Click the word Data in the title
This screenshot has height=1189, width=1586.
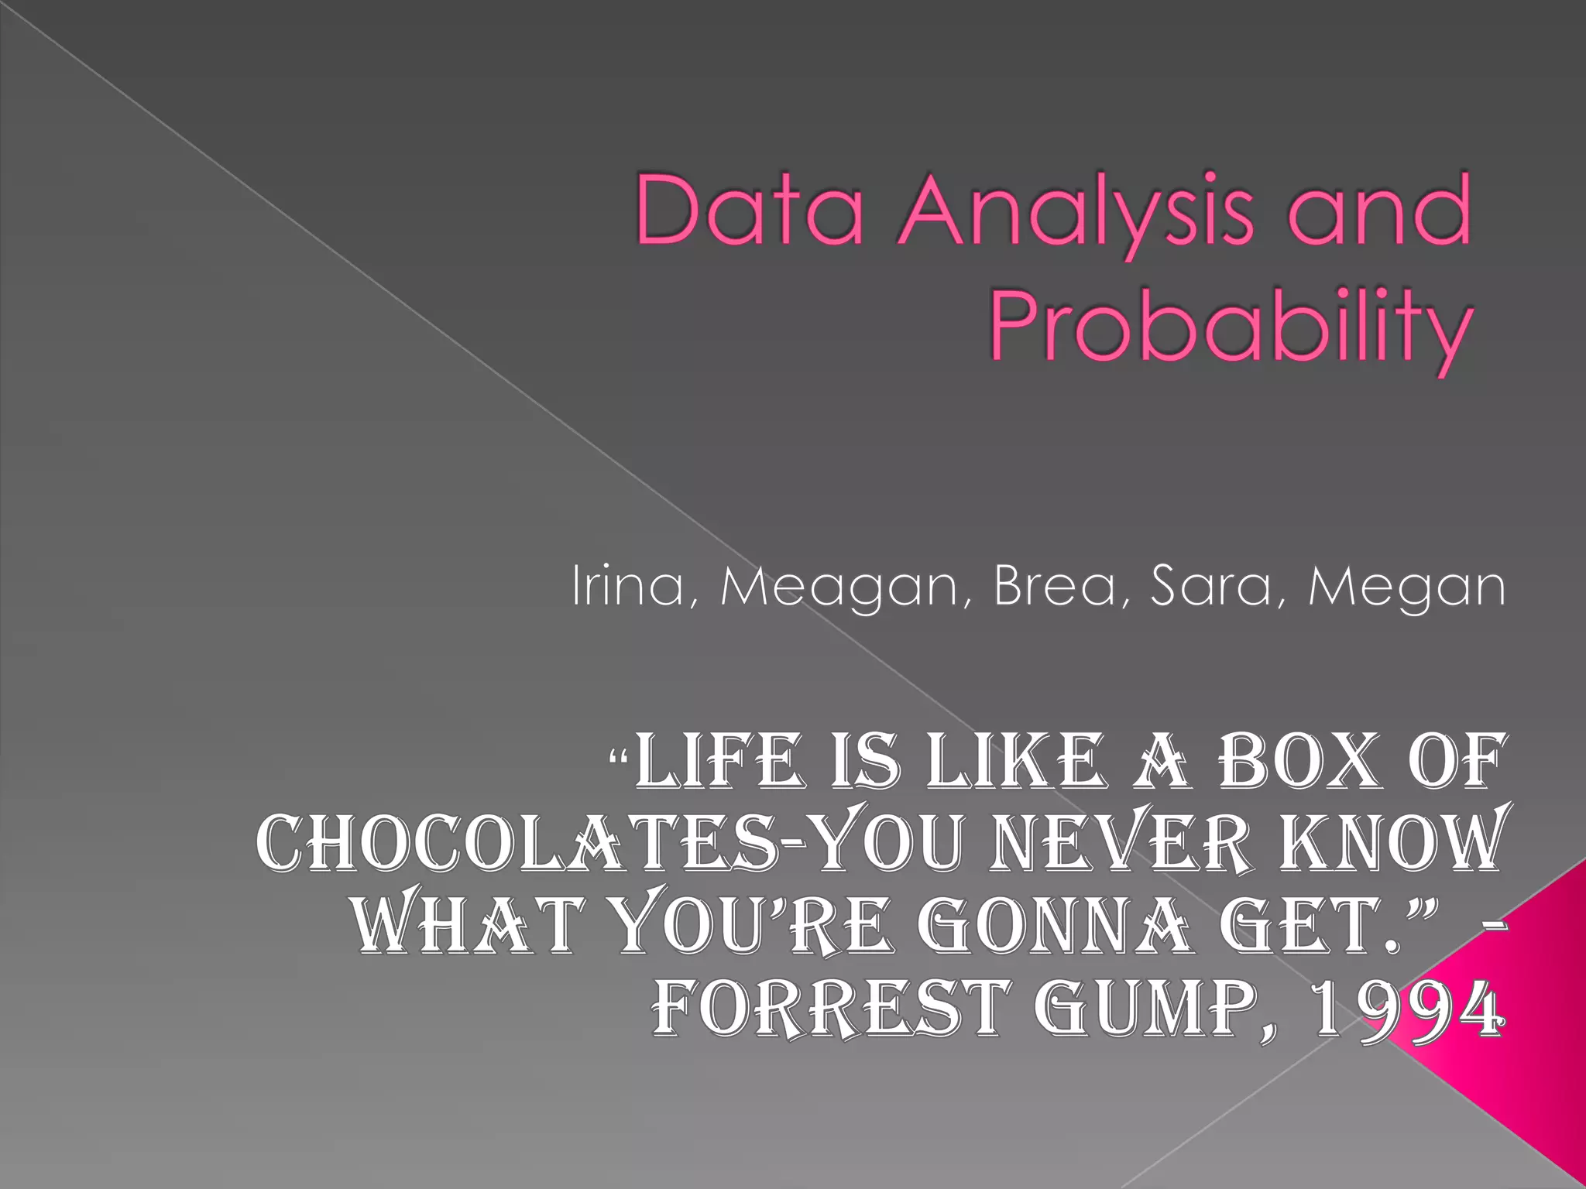[x=748, y=209]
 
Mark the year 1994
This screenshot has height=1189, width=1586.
[x=1405, y=1008]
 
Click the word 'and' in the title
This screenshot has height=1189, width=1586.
[x=1378, y=209]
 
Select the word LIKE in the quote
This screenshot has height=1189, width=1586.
[x=1014, y=762]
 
